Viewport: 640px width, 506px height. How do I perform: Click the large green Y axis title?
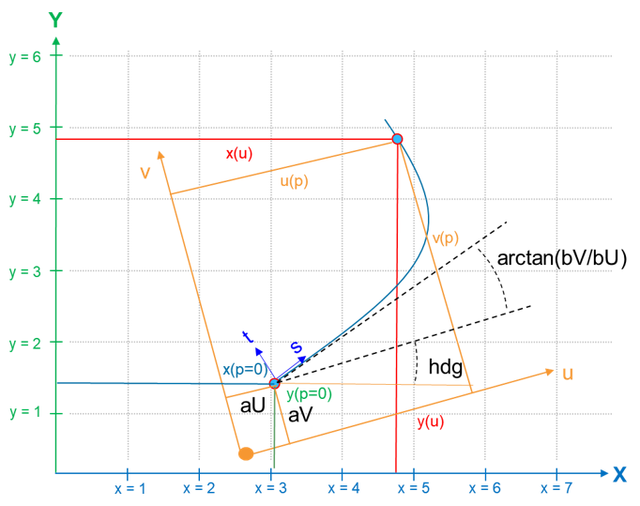click(55, 19)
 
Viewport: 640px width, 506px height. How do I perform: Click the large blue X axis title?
click(619, 474)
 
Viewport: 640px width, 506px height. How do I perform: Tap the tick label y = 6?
click(25, 56)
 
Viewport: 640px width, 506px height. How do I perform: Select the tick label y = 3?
click(25, 272)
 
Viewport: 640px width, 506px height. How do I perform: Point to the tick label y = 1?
click(25, 414)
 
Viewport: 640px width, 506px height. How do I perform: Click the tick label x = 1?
click(130, 488)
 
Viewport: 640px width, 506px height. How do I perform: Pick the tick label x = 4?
click(343, 488)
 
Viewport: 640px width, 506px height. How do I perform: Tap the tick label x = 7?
click(556, 488)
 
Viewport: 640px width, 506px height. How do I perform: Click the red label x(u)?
click(238, 153)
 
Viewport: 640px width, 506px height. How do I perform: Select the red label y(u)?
click(430, 422)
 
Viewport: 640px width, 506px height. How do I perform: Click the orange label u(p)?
click(294, 181)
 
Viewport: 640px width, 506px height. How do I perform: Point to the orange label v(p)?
click(445, 238)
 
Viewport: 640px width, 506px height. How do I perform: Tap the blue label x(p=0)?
click(246, 369)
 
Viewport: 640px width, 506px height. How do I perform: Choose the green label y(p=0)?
click(309, 393)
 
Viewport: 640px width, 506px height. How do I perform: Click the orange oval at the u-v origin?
click(246, 453)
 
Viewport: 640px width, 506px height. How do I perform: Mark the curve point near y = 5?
click(397, 139)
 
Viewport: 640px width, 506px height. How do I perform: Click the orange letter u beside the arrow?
click(568, 374)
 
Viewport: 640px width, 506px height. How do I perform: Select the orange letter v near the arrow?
click(145, 173)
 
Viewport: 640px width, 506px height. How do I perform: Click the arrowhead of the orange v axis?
click(161, 155)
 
